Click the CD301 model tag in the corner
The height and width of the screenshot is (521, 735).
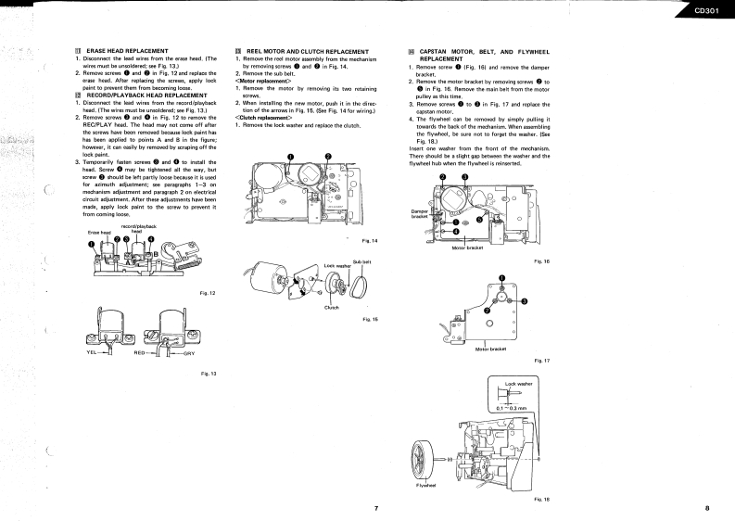(709, 12)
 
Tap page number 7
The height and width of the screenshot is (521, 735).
(376, 507)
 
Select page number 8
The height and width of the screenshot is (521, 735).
(706, 507)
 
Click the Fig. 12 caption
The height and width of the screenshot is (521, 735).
(208, 293)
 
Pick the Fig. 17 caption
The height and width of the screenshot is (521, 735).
(542, 360)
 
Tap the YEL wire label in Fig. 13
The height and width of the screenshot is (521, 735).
(90, 353)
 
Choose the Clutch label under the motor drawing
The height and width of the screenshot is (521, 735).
(331, 307)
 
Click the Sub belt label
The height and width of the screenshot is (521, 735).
(362, 263)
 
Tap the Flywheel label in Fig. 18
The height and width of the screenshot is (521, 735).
(425, 484)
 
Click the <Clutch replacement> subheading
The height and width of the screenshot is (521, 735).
(264, 118)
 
